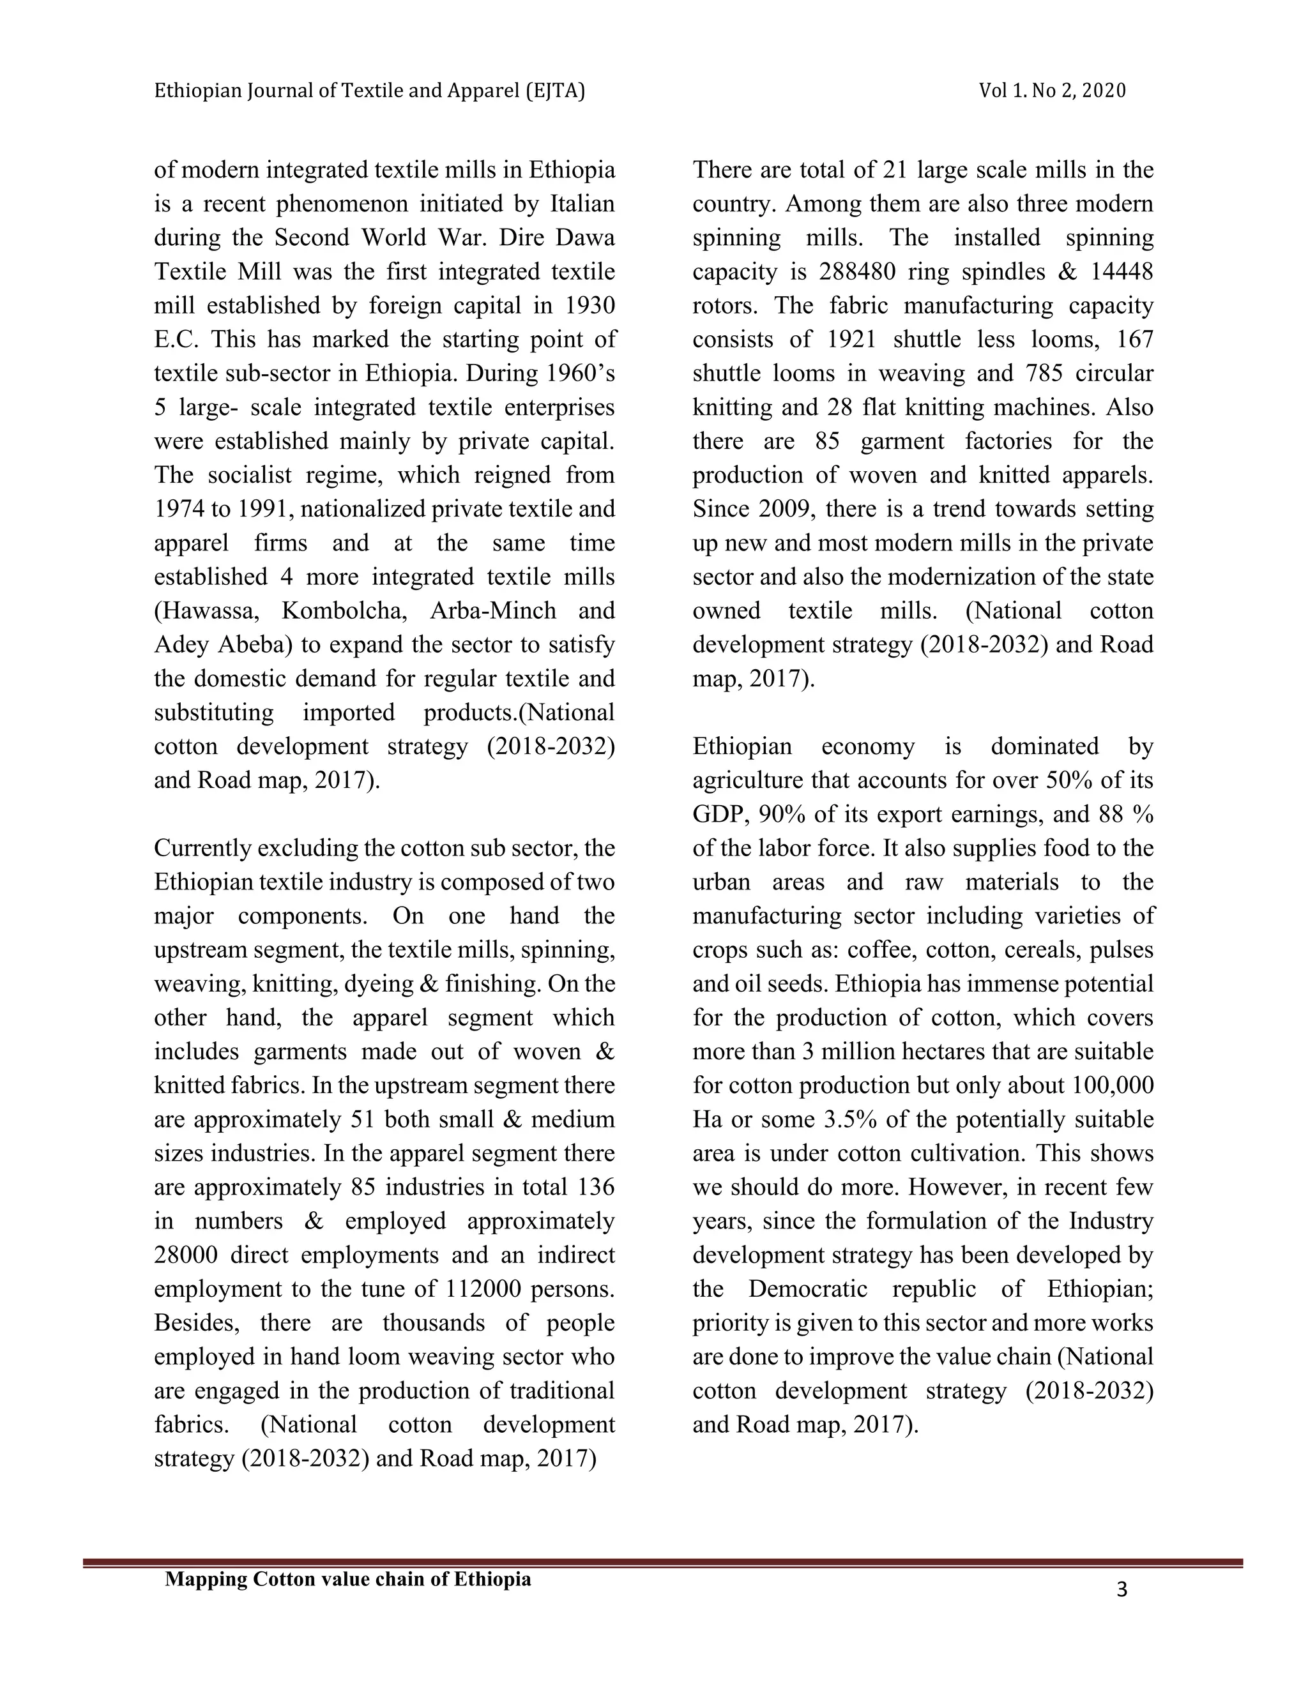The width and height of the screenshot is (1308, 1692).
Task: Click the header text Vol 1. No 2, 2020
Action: [1051, 91]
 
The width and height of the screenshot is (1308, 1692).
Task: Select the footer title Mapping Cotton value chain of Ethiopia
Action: [348, 1579]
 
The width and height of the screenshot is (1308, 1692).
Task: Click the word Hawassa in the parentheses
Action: [206, 610]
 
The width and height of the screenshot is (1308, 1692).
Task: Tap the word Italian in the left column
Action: [582, 204]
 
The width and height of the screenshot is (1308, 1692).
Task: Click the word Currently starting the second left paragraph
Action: [202, 849]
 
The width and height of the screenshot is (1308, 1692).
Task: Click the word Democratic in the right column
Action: [808, 1288]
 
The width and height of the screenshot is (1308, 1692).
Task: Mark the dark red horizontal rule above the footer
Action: [662, 1564]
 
